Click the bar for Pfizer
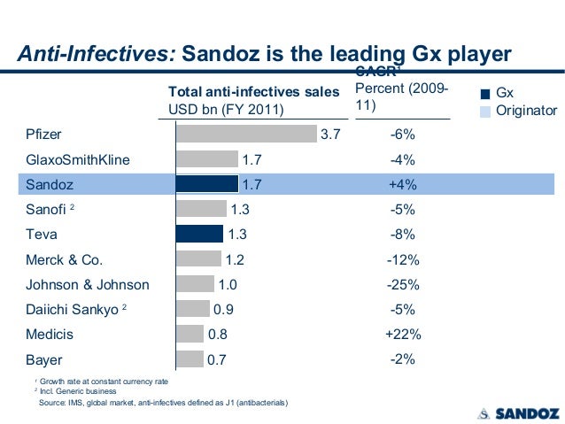coord(246,134)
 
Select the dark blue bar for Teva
coord(199,234)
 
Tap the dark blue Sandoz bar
coord(206,184)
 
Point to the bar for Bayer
coord(190,359)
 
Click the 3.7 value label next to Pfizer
coord(330,135)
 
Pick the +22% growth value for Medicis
coord(403,335)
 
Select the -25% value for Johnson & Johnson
coord(403,285)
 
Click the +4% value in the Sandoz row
coord(403,185)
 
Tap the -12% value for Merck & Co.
coord(403,260)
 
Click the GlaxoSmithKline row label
coord(77,160)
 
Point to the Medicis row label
coord(50,335)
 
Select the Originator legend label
coord(526,111)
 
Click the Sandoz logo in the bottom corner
coord(515,412)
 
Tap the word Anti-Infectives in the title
coord(97,53)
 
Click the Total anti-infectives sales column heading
coord(254,92)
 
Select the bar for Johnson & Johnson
coord(195,284)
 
